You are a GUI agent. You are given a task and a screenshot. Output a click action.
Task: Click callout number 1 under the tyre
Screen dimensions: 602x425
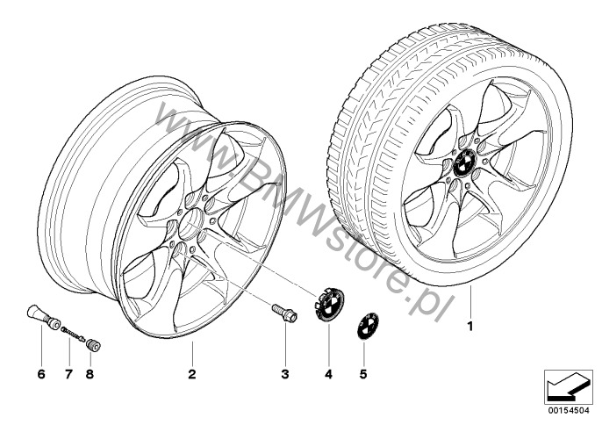(470, 327)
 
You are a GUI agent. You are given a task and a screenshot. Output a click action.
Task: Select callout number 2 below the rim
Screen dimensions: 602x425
(192, 373)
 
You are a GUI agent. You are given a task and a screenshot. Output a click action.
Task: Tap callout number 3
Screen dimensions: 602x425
(285, 373)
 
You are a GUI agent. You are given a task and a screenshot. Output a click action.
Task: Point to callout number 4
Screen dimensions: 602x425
(328, 373)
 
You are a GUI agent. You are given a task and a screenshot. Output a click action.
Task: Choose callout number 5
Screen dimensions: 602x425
(363, 373)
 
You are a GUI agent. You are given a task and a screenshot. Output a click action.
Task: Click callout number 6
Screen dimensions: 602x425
(41, 373)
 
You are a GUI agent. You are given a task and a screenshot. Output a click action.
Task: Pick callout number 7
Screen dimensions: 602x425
(68, 373)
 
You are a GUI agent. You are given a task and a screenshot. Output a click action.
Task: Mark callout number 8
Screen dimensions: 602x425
(90, 373)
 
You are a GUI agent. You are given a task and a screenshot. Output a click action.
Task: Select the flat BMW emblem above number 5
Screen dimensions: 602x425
(368, 326)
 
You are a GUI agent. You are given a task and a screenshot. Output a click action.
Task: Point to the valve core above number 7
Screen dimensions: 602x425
(73, 333)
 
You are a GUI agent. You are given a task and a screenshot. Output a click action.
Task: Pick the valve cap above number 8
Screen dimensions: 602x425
(93, 344)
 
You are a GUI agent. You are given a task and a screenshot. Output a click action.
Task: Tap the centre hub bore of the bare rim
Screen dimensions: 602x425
(192, 225)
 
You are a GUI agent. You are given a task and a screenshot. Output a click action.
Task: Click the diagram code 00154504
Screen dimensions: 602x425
(569, 410)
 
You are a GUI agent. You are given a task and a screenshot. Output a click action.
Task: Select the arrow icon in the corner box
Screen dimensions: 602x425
(567, 386)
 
